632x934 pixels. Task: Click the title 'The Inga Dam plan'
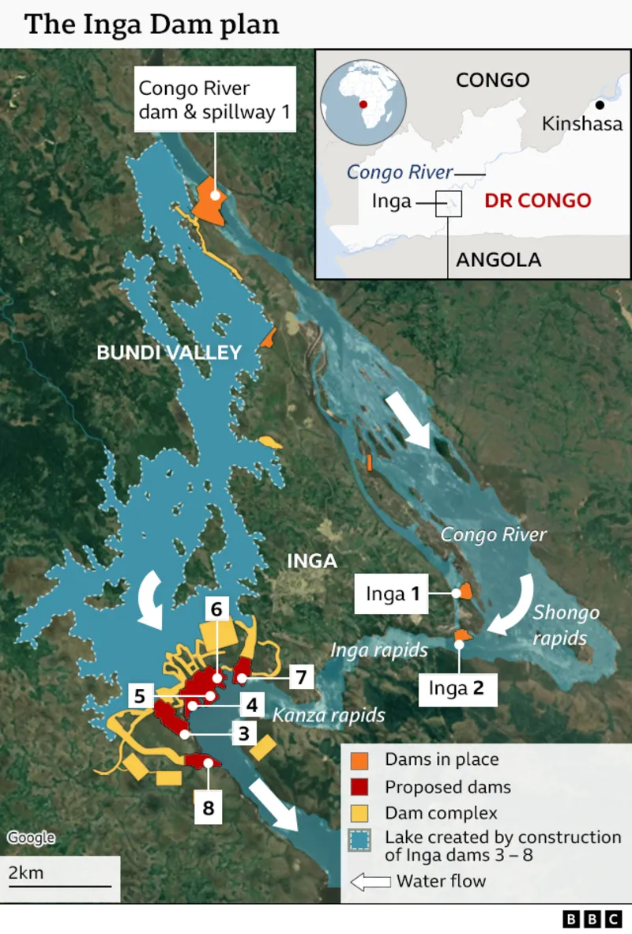tap(152, 24)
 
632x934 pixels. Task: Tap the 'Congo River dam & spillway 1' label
tap(216, 100)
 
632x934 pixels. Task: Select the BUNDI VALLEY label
tap(169, 352)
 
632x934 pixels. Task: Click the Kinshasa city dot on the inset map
tap(600, 105)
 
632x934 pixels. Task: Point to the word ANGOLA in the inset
tap(498, 260)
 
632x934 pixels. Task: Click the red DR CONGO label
tap(538, 200)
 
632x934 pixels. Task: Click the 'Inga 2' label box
tap(456, 687)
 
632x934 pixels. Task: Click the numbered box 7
tap(301, 677)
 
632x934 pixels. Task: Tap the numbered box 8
tap(209, 808)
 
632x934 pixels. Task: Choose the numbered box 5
tap(139, 696)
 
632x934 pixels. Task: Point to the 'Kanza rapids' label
tap(329, 715)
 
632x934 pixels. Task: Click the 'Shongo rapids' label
tap(566, 624)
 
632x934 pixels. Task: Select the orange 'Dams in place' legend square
tap(359, 760)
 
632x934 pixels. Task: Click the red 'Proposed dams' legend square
tap(359, 787)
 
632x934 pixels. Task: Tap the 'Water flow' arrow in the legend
tap(371, 882)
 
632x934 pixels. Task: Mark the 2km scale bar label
tap(26, 873)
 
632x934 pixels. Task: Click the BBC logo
tap(592, 919)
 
